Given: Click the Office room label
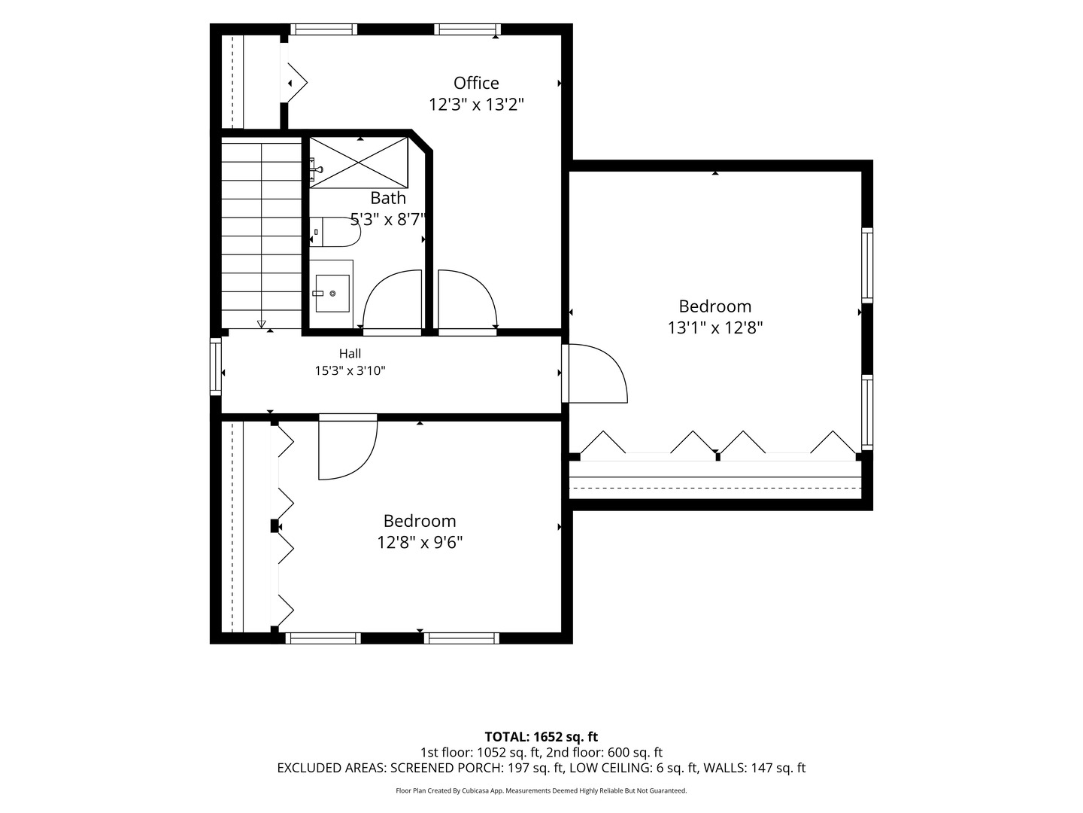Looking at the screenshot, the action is coord(475,83).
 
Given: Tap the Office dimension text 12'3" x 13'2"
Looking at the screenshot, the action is coord(475,105).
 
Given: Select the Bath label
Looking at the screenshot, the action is coord(388,198).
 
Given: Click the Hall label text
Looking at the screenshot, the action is coord(350,354).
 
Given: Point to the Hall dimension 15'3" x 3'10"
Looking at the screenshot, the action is coord(350,370).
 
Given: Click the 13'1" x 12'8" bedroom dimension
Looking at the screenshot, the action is coord(715,327).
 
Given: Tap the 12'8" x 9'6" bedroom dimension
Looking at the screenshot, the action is coord(420,543).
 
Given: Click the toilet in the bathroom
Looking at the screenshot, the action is coord(335,232).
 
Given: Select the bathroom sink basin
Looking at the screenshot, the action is coord(332,294).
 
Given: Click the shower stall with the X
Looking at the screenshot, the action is coord(359,163).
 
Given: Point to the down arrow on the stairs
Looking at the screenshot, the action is coord(262,324).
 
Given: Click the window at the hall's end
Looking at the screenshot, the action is coord(216,367).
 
